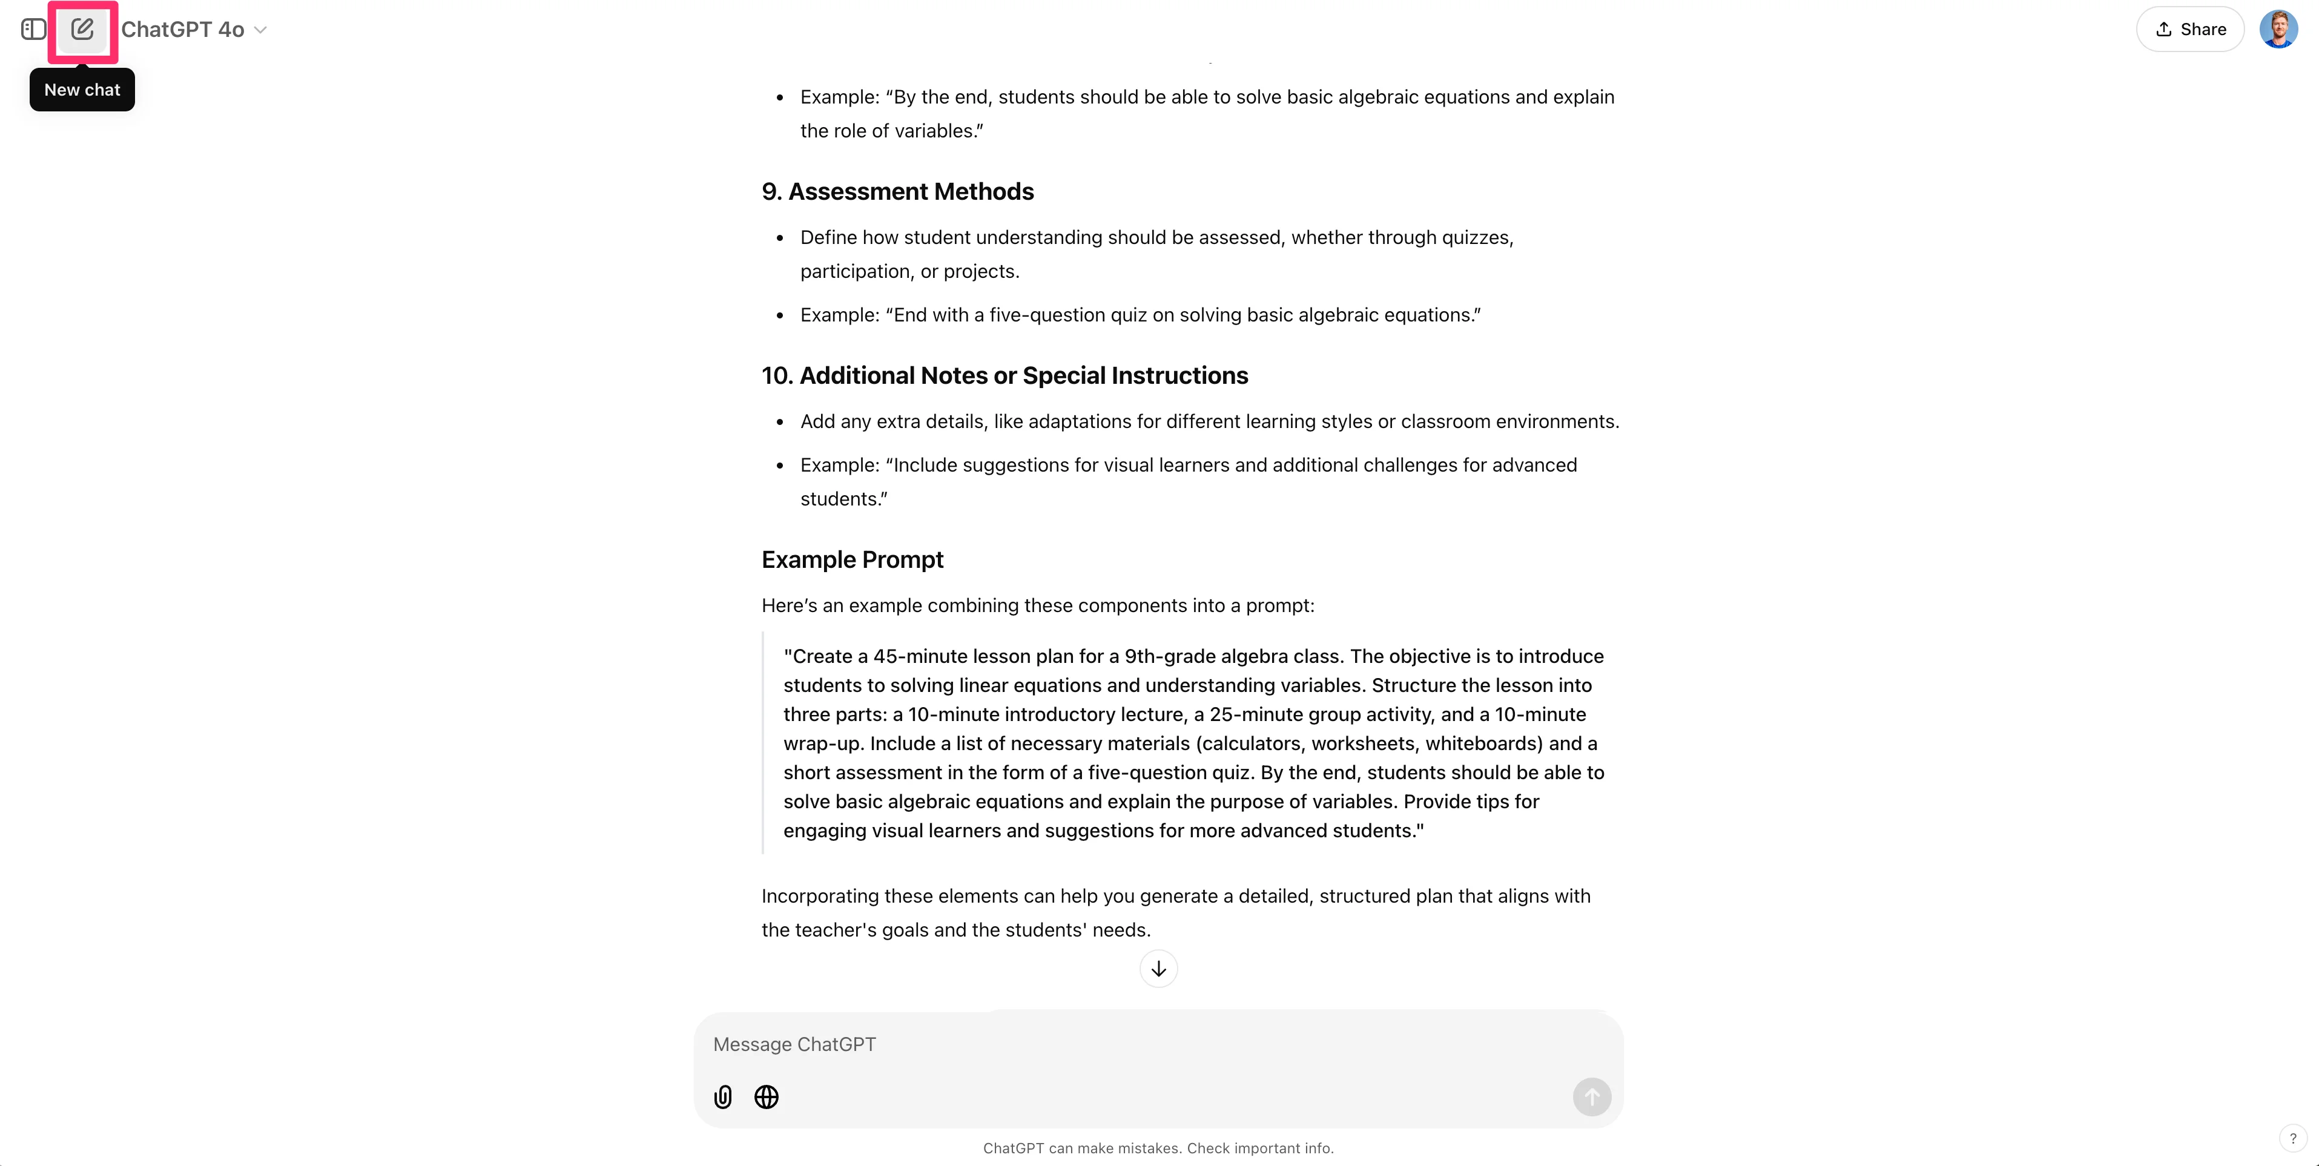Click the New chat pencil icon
pyautogui.click(x=82, y=30)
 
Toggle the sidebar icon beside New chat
pyautogui.click(x=33, y=30)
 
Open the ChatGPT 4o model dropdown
pyautogui.click(x=194, y=30)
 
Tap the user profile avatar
pyautogui.click(x=2278, y=30)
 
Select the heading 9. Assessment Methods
pyautogui.click(x=897, y=192)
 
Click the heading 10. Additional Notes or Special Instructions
pyautogui.click(x=1004, y=375)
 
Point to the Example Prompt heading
pyautogui.click(x=853, y=560)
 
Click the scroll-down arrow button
pyautogui.click(x=1159, y=969)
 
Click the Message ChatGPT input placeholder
pyautogui.click(x=794, y=1044)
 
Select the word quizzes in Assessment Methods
pyautogui.click(x=1476, y=238)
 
